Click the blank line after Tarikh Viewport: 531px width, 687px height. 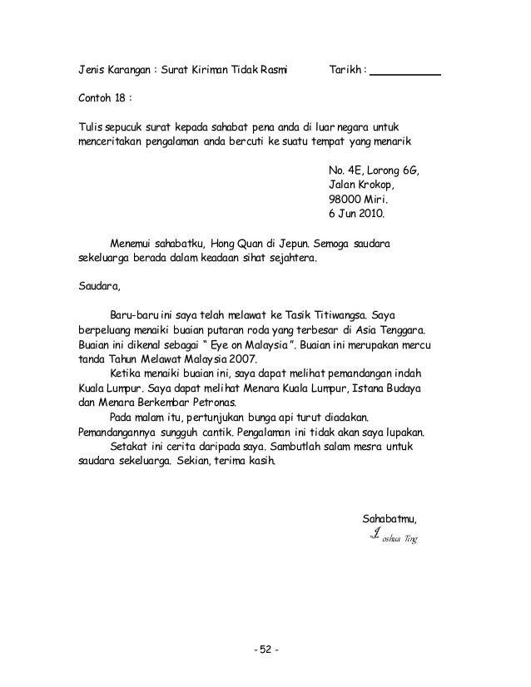[404, 72]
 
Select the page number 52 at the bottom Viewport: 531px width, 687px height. [265, 650]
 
